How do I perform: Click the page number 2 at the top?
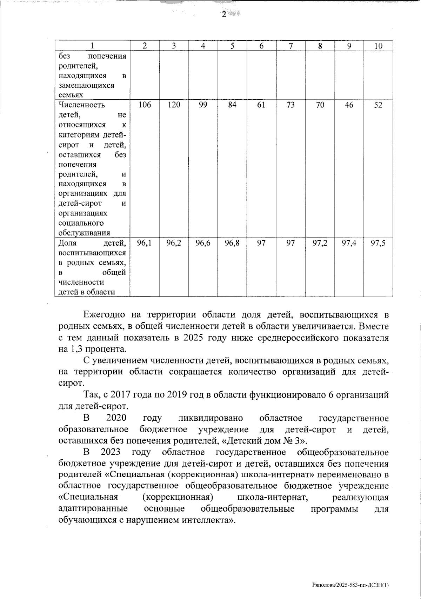coord(224,14)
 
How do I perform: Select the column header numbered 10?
coord(378,46)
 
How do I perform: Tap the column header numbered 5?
coord(232,46)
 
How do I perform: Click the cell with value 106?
coord(145,105)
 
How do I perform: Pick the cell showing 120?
coord(174,105)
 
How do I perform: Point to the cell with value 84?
coord(232,105)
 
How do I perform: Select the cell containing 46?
coord(349,105)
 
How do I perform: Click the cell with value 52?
coord(378,105)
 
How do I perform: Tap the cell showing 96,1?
coord(145,243)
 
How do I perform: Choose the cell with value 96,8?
coord(232,243)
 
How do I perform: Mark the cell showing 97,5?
coord(378,243)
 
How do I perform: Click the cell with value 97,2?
coord(320,243)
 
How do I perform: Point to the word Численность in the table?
coord(82,105)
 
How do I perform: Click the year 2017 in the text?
coord(122,395)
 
